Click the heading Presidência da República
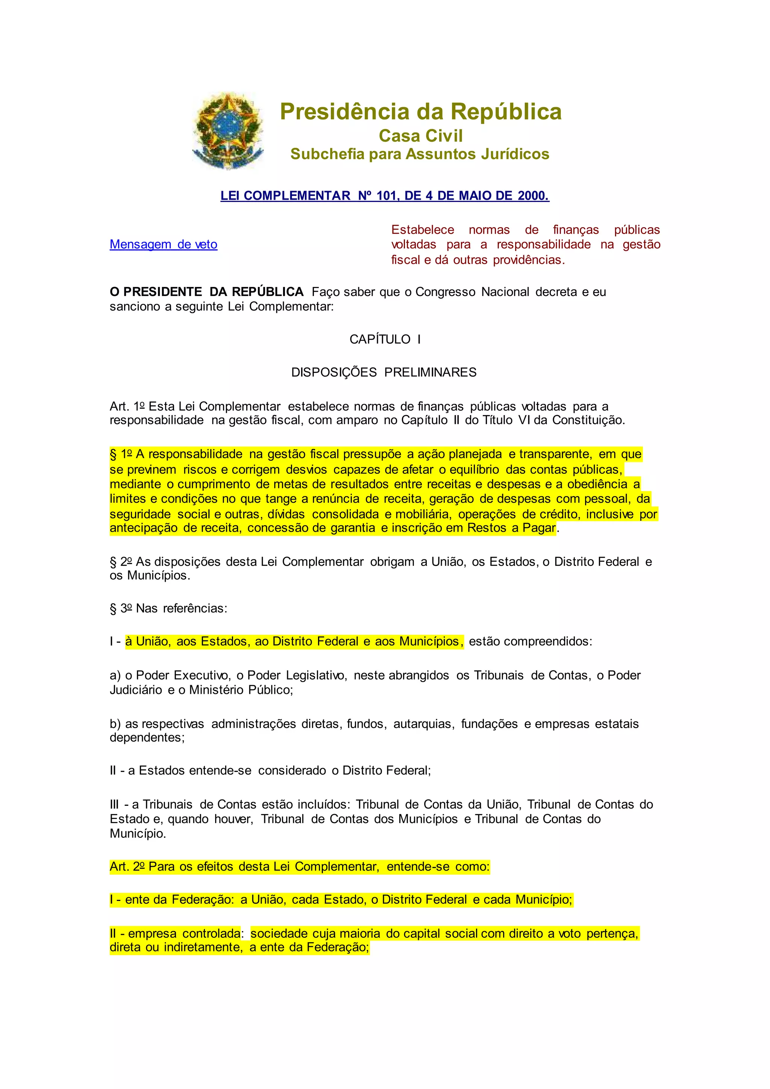tap(421, 112)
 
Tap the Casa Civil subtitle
tap(421, 136)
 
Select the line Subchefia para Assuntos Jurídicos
tap(420, 154)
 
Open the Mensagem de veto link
tap(164, 244)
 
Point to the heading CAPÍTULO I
tap(385, 339)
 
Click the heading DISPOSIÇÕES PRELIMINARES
tap(383, 372)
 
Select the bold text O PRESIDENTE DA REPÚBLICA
tap(206, 292)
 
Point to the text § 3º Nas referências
tap(168, 608)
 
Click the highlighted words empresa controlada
tap(184, 933)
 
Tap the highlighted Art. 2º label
tap(127, 866)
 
